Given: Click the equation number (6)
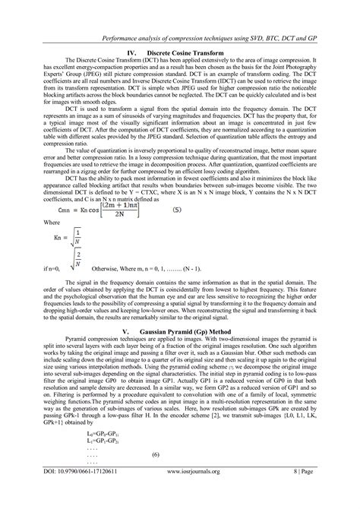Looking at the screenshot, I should point(155,475).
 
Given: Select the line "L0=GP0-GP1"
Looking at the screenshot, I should point(106,452).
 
